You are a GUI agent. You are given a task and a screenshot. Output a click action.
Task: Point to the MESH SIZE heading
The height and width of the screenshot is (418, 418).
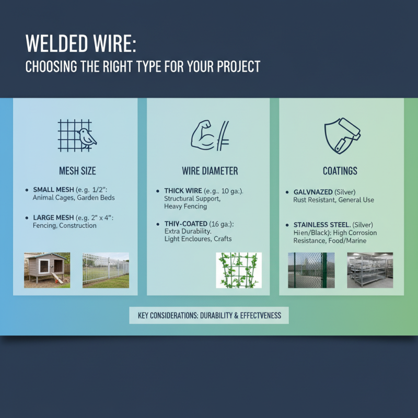pos(77,171)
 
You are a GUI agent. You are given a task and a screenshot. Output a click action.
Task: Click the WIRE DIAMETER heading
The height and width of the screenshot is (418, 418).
pos(210,171)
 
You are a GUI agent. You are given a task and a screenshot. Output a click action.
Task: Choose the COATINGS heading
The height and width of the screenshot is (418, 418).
pos(340,171)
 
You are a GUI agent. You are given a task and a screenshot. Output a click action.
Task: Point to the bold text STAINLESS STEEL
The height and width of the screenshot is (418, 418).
pos(318,225)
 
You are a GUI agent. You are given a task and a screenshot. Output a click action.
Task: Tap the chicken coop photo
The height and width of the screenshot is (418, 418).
pos(47,270)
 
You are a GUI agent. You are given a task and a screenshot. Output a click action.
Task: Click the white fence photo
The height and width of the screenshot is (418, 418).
pos(106,270)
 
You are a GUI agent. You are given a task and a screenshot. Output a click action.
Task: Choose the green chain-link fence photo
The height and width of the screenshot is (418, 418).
pos(311,270)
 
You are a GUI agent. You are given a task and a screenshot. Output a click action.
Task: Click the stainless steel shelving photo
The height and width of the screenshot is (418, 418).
pos(370,270)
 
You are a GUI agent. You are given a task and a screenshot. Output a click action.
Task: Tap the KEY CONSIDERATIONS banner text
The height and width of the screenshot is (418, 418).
pos(209,316)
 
